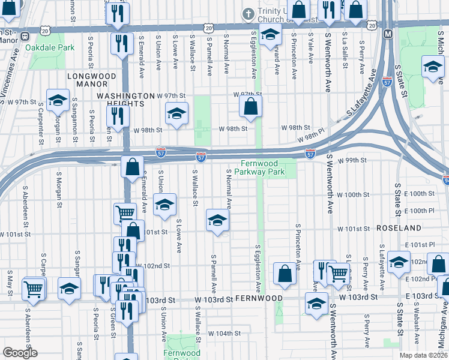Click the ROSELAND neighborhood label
pos(399,229)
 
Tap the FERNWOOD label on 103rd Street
pos(259,298)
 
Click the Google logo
pos(20,353)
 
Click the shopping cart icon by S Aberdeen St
pos(33,288)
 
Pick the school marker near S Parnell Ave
pos(217,220)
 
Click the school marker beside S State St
pos(399,262)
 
